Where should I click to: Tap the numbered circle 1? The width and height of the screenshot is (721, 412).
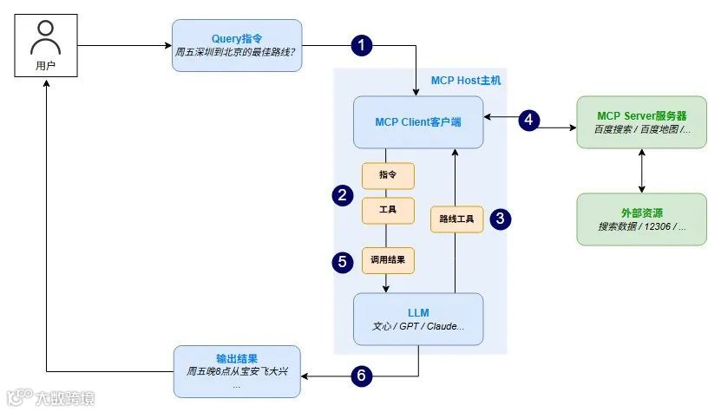point(364,46)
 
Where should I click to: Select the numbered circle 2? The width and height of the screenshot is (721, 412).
point(344,195)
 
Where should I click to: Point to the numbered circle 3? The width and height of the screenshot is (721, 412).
point(500,219)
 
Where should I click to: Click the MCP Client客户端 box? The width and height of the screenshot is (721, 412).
point(417,122)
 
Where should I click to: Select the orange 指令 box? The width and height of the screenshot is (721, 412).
point(387,175)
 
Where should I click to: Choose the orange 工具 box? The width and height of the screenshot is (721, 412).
point(387,211)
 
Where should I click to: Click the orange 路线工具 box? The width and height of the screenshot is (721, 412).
point(456,219)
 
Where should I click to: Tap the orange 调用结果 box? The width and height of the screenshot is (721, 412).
point(387,258)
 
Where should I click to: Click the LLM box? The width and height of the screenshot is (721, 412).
point(417,319)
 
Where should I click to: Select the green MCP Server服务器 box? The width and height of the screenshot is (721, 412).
point(641,122)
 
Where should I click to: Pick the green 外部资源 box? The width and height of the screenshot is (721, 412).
point(641,219)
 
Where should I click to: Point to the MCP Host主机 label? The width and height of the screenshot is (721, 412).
point(465,80)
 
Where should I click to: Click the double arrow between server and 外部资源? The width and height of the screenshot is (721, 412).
point(641,170)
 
